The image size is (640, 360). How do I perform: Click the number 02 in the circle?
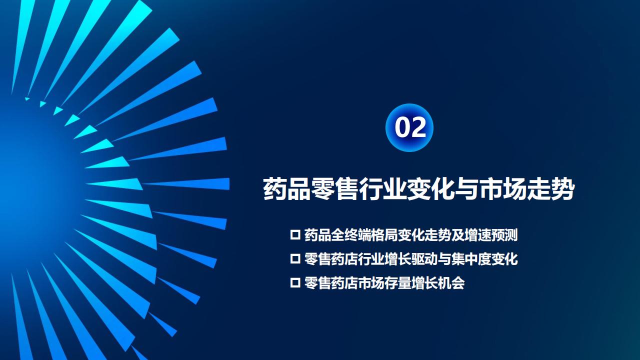[410, 127]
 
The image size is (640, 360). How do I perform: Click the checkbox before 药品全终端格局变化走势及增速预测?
[295, 235]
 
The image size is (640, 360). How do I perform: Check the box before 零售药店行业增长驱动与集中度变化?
[295, 259]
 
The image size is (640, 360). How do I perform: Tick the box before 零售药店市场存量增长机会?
[295, 283]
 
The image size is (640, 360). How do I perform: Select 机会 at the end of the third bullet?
[451, 283]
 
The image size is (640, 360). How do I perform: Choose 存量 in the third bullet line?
[397, 283]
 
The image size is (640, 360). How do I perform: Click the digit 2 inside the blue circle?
[418, 127]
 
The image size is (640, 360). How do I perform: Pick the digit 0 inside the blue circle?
[402, 127]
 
